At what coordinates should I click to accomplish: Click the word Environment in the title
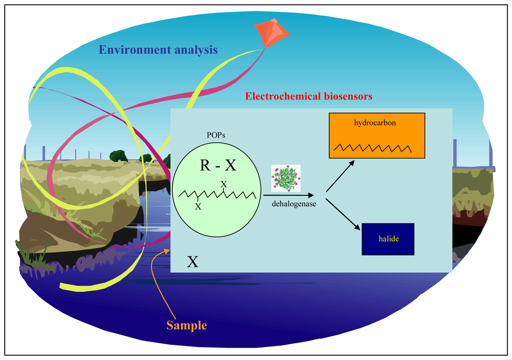135,50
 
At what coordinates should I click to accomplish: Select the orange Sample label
186,325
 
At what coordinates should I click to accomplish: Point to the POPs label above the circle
216,135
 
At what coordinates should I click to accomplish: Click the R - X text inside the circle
218,165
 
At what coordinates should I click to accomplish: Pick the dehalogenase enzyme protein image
286,178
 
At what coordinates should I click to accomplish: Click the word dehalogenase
294,204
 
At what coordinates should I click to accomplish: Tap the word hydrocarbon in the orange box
375,123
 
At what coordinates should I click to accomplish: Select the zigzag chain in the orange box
372,148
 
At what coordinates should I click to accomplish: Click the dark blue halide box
388,239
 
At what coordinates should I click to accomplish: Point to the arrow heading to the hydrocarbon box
340,176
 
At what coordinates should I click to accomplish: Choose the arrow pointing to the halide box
343,214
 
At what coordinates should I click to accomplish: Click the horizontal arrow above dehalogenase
288,195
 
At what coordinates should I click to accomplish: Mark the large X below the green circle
192,262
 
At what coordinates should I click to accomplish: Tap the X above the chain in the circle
224,184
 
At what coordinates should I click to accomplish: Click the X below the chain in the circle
198,207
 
